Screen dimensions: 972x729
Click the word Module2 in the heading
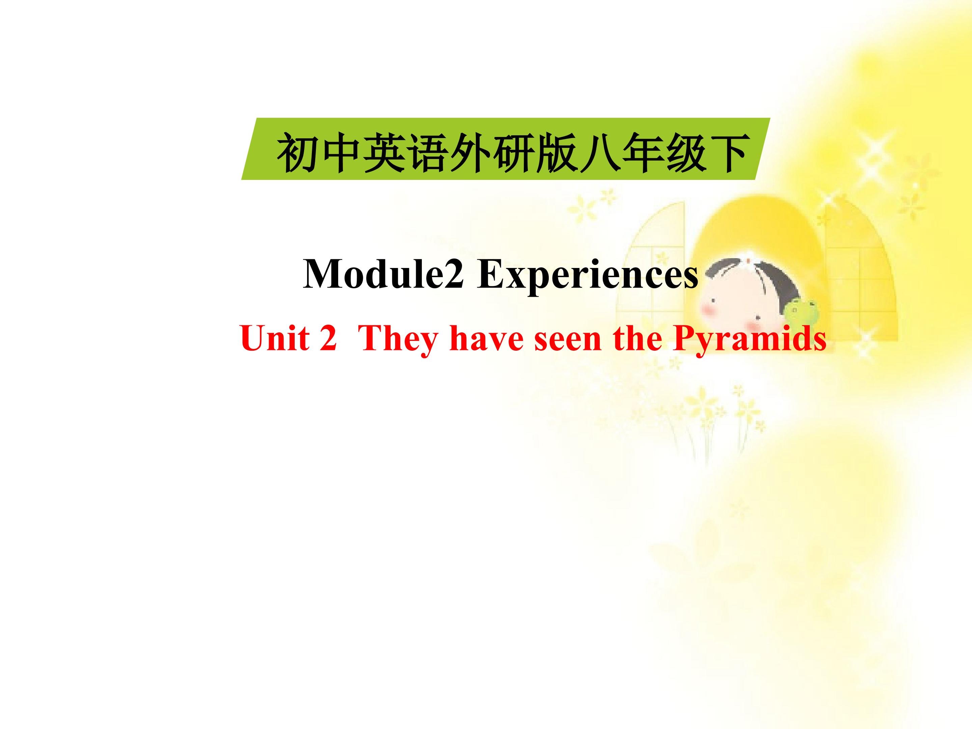(383, 274)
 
